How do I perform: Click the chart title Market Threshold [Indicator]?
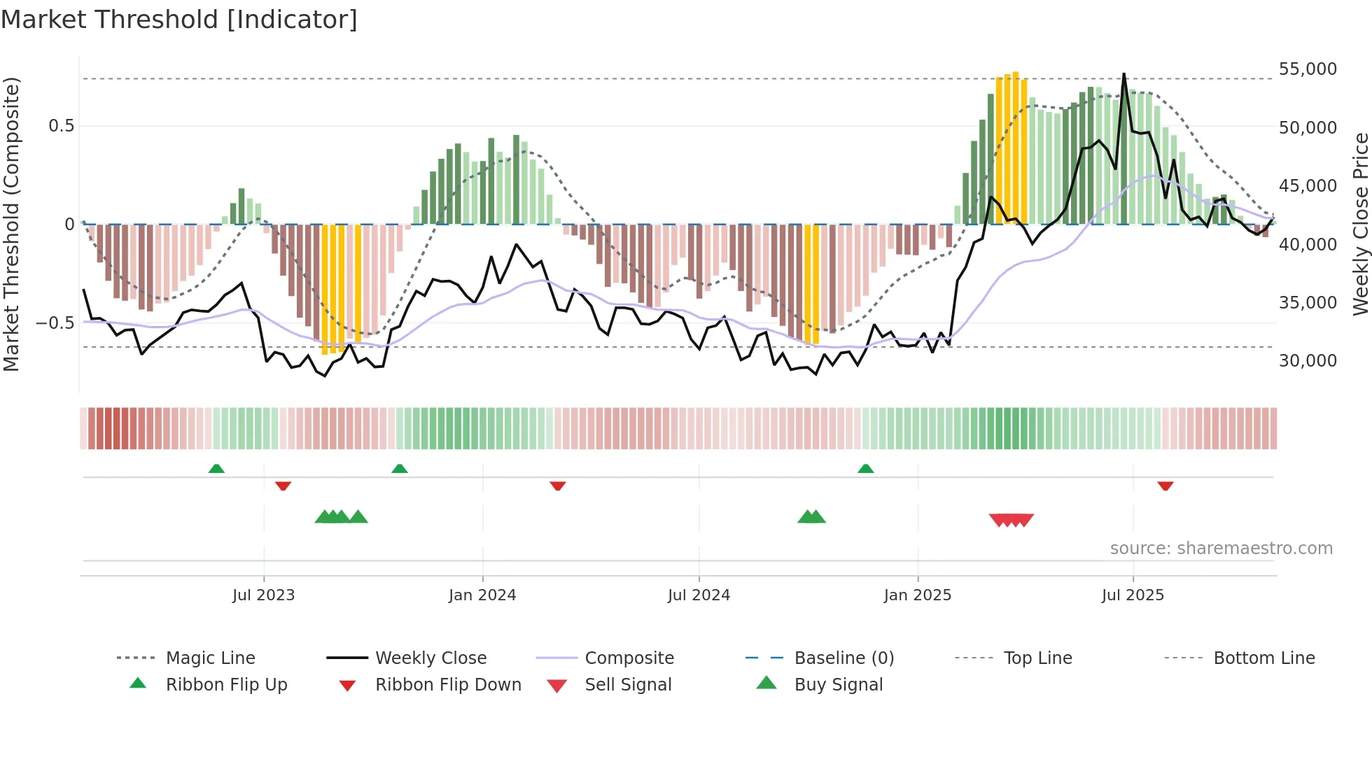click(179, 20)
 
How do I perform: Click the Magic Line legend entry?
click(210, 658)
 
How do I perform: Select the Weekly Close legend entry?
click(430, 658)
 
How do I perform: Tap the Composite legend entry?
click(629, 658)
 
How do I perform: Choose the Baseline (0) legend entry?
click(843, 658)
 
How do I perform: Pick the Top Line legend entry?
click(1037, 658)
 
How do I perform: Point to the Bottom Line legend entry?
click(1263, 658)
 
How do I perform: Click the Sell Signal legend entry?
click(628, 685)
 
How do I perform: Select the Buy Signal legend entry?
click(838, 685)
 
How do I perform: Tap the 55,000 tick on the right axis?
click(1308, 69)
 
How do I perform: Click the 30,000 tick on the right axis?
click(1308, 361)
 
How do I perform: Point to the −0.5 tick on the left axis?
click(55, 323)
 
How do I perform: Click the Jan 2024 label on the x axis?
click(482, 595)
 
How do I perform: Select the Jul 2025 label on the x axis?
click(1133, 595)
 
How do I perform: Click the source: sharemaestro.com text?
click(1221, 549)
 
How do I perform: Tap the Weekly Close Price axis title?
click(1360, 224)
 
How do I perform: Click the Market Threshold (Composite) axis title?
click(11, 224)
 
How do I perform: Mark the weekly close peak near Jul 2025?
click(1124, 74)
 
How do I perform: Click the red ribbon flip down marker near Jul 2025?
click(1165, 486)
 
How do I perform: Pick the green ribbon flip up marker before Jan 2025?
click(866, 469)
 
